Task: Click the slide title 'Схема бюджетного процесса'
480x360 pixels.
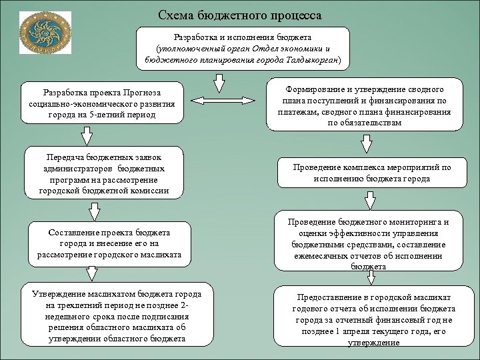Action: point(241,15)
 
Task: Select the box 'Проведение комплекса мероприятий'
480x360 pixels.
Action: point(371,173)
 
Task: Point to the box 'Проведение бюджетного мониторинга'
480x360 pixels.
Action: point(369,243)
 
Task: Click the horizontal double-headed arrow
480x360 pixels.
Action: point(225,101)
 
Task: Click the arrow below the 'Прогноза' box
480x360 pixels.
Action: point(87,135)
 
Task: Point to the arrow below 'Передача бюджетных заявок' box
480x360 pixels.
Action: point(94,210)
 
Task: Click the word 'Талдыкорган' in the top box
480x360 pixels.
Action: point(313,60)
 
